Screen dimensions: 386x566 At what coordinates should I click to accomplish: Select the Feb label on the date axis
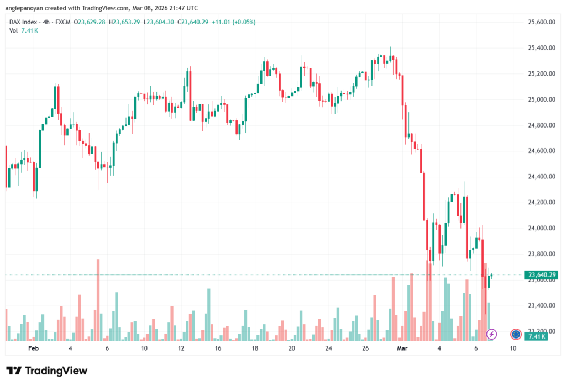pyautogui.click(x=33, y=348)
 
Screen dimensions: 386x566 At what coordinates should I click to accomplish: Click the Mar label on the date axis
pyautogui.click(x=402, y=348)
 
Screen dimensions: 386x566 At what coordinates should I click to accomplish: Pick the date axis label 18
pyautogui.click(x=255, y=348)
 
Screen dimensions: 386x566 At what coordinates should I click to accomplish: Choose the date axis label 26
pyautogui.click(x=365, y=348)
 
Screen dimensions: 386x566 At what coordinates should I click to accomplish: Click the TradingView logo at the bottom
pyautogui.click(x=46, y=371)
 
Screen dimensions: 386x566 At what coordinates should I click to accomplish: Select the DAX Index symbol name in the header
pyautogui.click(x=25, y=22)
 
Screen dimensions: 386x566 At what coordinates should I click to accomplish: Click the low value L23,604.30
pyautogui.click(x=159, y=22)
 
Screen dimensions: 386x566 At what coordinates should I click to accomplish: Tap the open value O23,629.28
pyautogui.click(x=91, y=22)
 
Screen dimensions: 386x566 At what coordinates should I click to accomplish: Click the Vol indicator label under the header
pyautogui.click(x=14, y=30)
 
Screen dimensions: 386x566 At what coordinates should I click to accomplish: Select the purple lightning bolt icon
pyautogui.click(x=491, y=334)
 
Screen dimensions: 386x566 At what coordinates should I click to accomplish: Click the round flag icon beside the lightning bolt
pyautogui.click(x=516, y=334)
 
